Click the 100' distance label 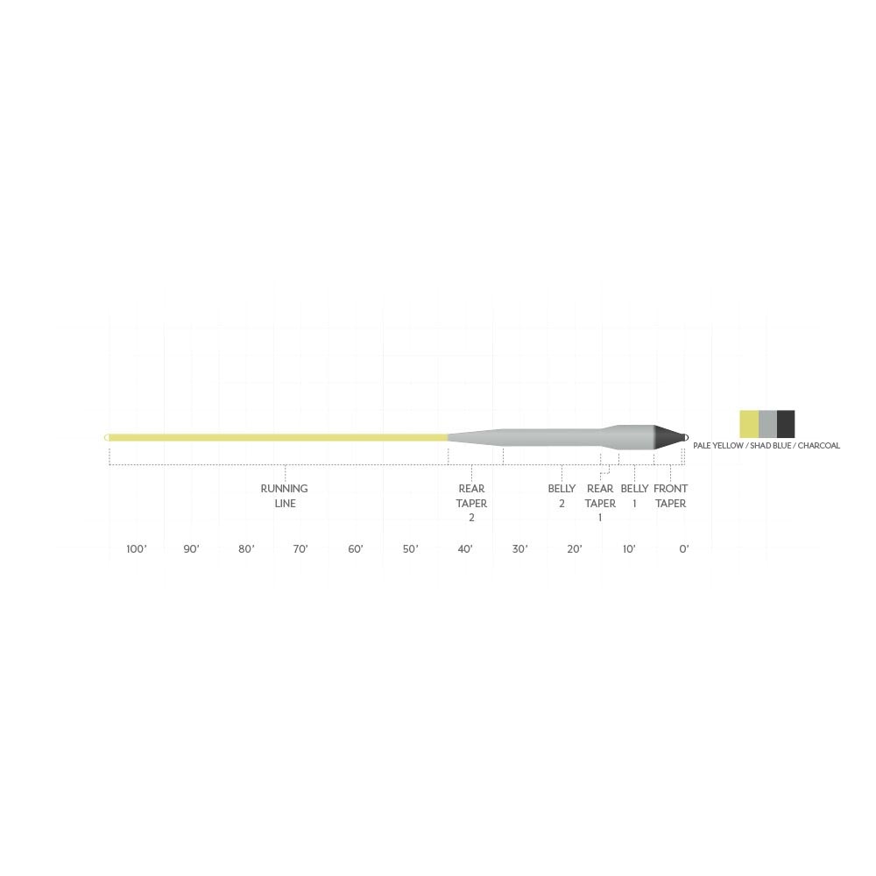(x=136, y=549)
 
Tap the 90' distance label (x=191, y=549)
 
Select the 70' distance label (x=300, y=549)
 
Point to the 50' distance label (x=410, y=549)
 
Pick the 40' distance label (x=465, y=549)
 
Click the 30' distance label (x=519, y=549)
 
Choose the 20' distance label (x=575, y=549)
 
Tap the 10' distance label (x=629, y=549)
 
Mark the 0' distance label (x=684, y=549)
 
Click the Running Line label (x=285, y=496)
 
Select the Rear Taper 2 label (x=471, y=503)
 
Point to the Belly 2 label (x=562, y=496)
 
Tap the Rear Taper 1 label (x=600, y=503)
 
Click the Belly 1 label (x=634, y=496)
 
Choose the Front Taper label (x=671, y=496)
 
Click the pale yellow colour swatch (x=749, y=424)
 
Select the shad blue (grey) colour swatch (x=767, y=424)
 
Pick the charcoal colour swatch (x=786, y=424)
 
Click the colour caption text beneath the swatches (x=766, y=446)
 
